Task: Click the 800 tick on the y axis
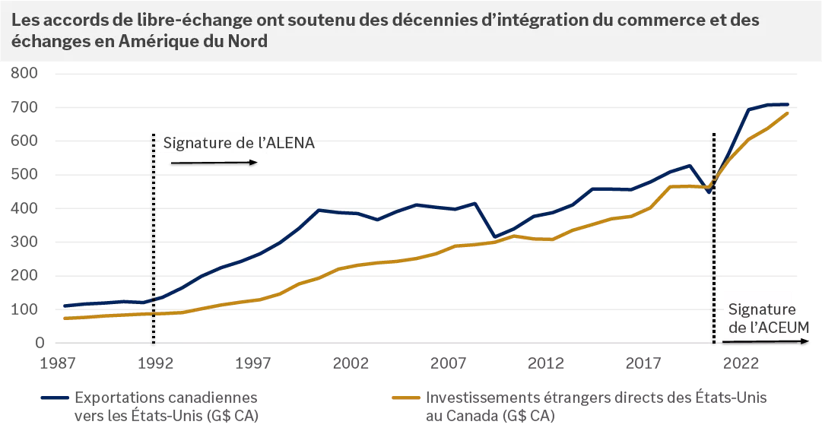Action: click(24, 74)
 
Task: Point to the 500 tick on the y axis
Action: click(24, 175)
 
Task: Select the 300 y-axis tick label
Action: click(24, 242)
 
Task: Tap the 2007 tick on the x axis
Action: click(449, 364)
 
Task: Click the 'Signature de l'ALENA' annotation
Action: click(236, 143)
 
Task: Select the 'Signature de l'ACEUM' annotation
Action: click(763, 318)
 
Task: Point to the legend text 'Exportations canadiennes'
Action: click(165, 398)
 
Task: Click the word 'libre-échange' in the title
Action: click(153, 21)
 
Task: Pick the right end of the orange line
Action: click(788, 113)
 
